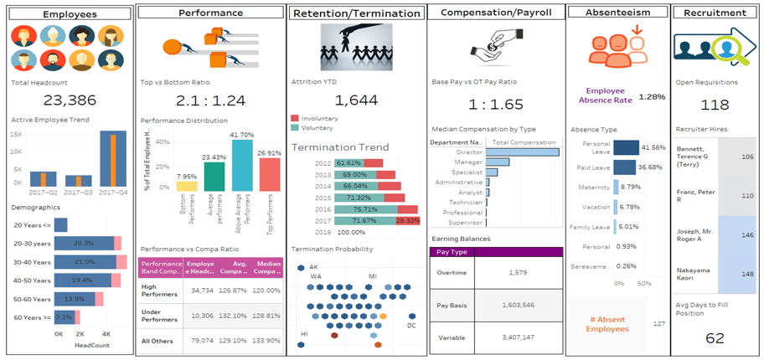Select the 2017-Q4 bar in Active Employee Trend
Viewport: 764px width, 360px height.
(112, 159)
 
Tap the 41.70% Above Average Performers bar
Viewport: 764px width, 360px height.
(241, 166)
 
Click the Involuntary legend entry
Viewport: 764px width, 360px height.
(319, 119)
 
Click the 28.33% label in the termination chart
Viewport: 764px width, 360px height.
(406, 220)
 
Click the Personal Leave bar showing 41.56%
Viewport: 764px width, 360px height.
(625, 147)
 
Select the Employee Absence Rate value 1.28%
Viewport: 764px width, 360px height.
(652, 96)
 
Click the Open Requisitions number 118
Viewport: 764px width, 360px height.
(715, 105)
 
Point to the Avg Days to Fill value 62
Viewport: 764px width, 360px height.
(715, 338)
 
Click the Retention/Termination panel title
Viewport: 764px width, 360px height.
(355, 13)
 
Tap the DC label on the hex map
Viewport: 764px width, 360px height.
(411, 326)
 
